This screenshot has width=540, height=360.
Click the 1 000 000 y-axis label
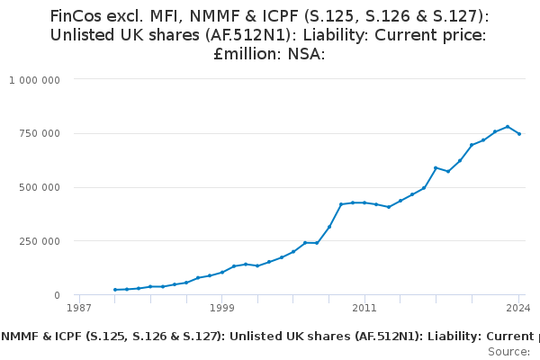tap(35, 80)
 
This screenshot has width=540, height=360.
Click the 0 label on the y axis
tap(56, 295)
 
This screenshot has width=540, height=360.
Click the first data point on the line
tap(115, 290)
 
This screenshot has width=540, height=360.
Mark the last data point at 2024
tap(519, 134)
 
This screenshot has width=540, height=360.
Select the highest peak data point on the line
tap(508, 127)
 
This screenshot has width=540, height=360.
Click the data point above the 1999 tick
tap(222, 272)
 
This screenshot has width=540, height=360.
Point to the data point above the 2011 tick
tap(364, 202)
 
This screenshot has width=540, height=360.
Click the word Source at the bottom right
tap(508, 351)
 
